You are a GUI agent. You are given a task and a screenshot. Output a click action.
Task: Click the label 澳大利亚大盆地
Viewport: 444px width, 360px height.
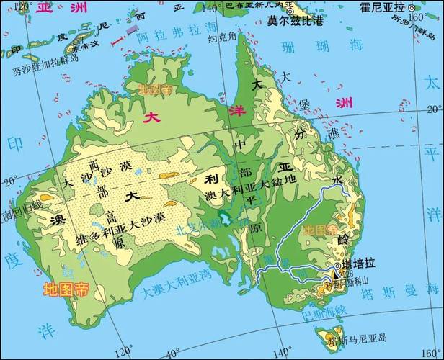[250, 186]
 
